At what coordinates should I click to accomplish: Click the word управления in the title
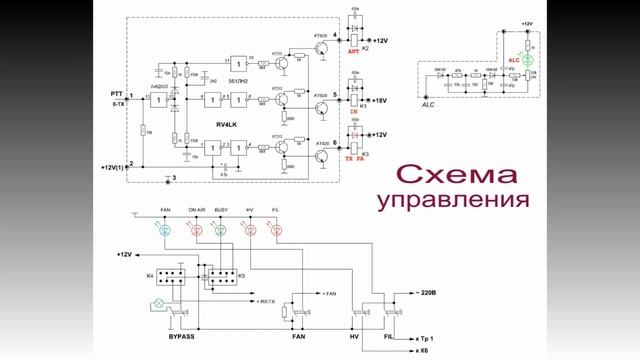point(452,200)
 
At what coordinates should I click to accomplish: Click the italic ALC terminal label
point(428,103)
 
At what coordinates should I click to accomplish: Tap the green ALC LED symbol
point(518,59)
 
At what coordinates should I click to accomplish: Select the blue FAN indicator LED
point(166,230)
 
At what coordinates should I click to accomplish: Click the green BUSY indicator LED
point(221,230)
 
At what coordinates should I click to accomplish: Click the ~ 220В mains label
point(418,292)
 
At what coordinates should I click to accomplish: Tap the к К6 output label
point(416,350)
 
